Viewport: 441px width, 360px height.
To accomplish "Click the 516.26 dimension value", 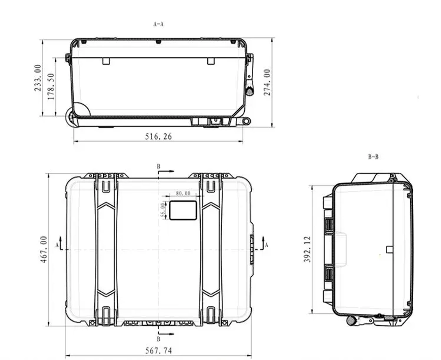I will tap(158, 137).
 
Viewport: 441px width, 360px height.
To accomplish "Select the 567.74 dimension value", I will tap(158, 351).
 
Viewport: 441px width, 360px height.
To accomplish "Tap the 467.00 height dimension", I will tap(44, 249).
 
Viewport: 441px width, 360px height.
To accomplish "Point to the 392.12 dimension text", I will tap(307, 249).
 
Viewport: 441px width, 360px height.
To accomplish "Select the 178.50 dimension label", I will tap(51, 87).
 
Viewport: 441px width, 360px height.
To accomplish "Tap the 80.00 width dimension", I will tap(183, 193).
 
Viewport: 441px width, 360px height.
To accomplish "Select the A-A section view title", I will tap(158, 25).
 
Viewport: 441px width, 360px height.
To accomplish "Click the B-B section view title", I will tap(373, 156).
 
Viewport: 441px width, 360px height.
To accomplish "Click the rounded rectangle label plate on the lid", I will tap(183, 210).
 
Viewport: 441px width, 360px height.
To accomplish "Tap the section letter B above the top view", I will tap(158, 166).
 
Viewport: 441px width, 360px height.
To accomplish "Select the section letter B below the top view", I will tap(158, 339).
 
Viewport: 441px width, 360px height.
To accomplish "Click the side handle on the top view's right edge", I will tap(252, 249).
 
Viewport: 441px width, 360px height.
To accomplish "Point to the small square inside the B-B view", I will tap(389, 249).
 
